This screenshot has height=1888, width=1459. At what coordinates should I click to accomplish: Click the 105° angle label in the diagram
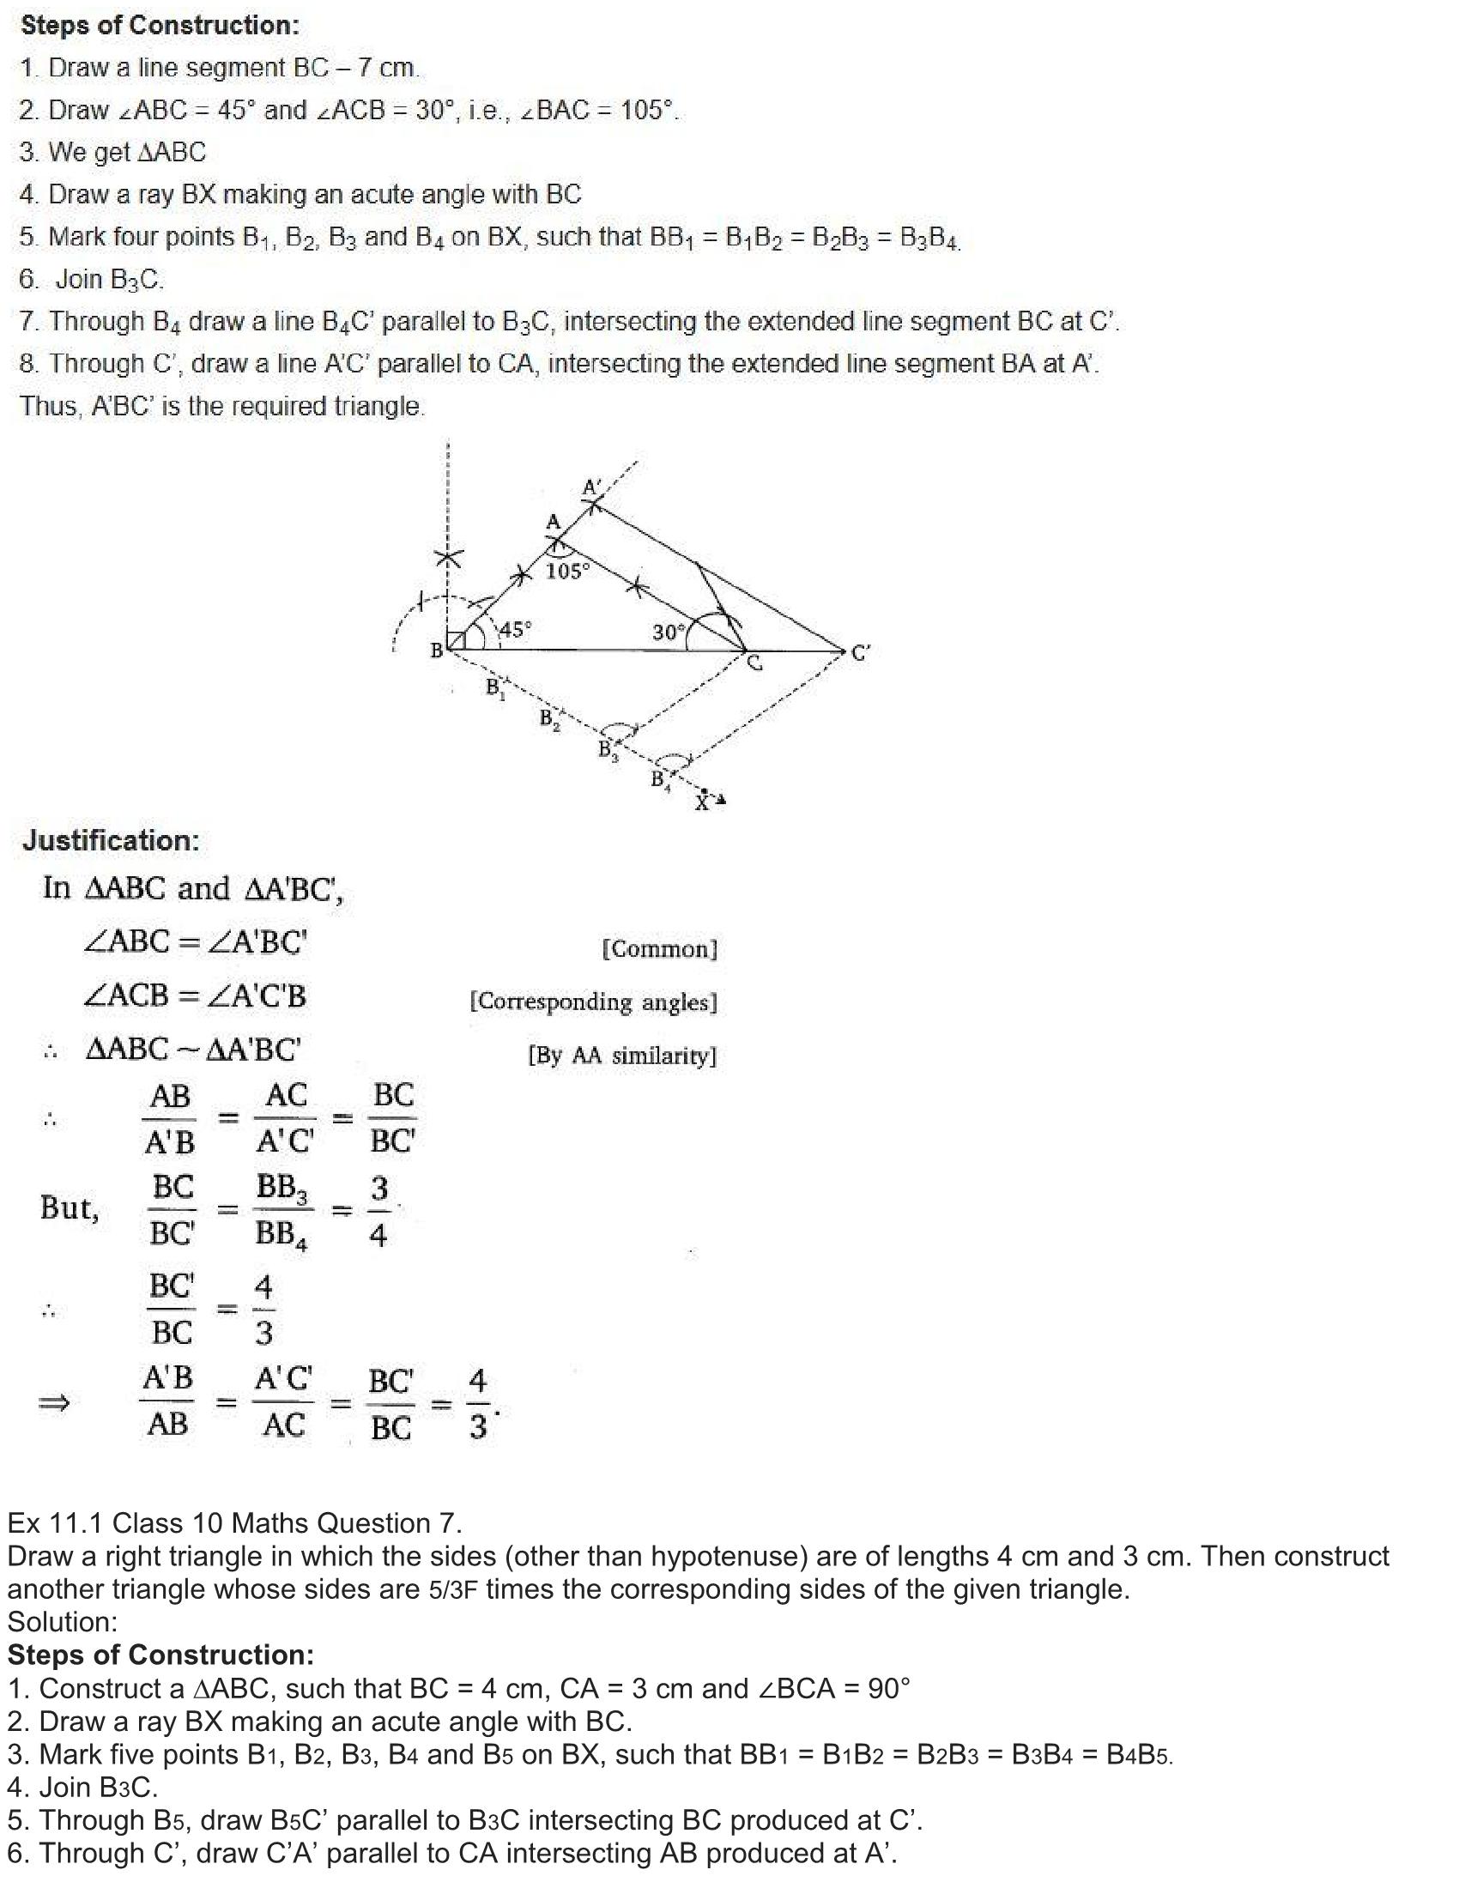(568, 572)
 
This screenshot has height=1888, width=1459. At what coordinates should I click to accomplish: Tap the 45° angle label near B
(516, 629)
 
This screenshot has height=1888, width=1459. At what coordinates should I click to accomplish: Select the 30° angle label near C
(668, 632)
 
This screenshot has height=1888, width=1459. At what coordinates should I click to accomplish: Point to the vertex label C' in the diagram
(861, 653)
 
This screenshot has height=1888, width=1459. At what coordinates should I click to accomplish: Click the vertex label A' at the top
(592, 487)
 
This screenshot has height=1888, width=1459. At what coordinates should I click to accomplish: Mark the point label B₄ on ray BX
(660, 781)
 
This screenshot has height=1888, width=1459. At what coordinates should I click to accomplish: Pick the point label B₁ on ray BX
(495, 688)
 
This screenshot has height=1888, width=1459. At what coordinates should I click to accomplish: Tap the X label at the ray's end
(703, 804)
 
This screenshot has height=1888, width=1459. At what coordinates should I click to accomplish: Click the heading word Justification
(112, 840)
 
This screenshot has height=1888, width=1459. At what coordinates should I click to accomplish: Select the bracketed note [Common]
(659, 949)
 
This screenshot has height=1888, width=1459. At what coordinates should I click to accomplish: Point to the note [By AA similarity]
(622, 1056)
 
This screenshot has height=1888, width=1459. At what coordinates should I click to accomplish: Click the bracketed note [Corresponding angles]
(593, 1001)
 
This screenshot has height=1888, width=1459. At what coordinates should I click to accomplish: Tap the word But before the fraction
(70, 1207)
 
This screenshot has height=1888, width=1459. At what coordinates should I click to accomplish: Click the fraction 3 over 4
(378, 1211)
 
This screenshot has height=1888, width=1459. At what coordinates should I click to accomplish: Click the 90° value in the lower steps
(888, 1688)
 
